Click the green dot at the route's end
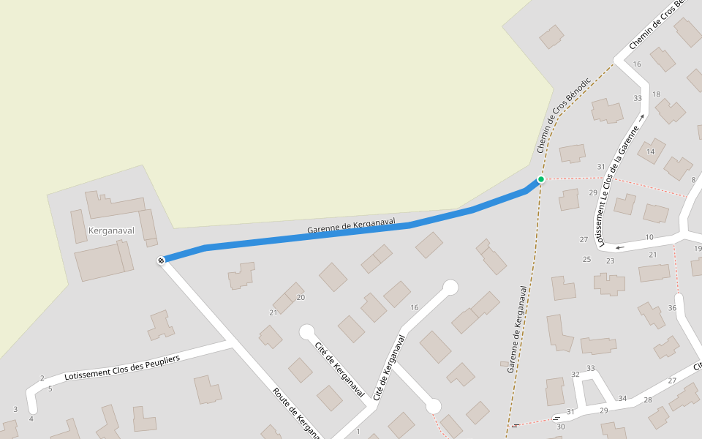pyautogui.click(x=541, y=179)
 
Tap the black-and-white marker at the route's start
pyautogui.click(x=161, y=260)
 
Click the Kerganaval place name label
pyautogui.click(x=111, y=230)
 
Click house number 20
pyautogui.click(x=301, y=297)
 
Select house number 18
pyautogui.click(x=656, y=94)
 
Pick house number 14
pyautogui.click(x=650, y=151)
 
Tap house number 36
pyautogui.click(x=672, y=308)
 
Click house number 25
pyautogui.click(x=586, y=260)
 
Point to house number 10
pyautogui.click(x=649, y=237)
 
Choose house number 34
pyautogui.click(x=622, y=399)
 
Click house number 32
pyautogui.click(x=575, y=375)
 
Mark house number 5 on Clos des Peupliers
pyautogui.click(x=50, y=389)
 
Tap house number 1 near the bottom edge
pyautogui.click(x=358, y=431)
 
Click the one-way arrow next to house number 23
pyautogui.click(x=620, y=247)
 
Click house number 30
pyautogui.click(x=561, y=427)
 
